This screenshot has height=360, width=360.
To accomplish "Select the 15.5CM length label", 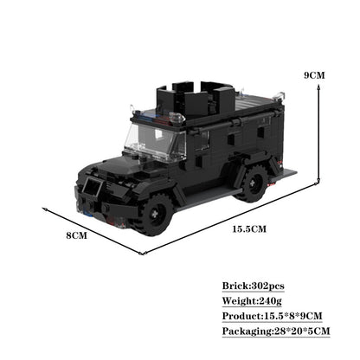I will click(249, 228).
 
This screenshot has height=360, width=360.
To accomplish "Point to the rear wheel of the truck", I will click(251, 183).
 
